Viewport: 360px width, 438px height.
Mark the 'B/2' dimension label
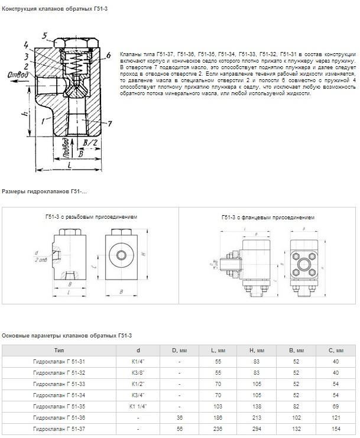click(89, 144)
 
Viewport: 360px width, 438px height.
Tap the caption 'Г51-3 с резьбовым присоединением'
click(92, 218)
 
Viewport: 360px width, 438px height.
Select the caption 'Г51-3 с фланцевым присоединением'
click(268, 218)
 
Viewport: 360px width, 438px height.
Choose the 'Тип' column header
click(59, 351)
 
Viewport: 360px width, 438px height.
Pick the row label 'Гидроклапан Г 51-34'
click(59, 395)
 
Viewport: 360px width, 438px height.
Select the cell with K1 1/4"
click(138, 406)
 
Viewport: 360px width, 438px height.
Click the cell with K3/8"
click(138, 372)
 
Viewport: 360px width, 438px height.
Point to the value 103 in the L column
click(218, 406)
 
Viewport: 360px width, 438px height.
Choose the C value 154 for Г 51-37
click(336, 428)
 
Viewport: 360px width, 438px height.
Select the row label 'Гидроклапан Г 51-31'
click(59, 361)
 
